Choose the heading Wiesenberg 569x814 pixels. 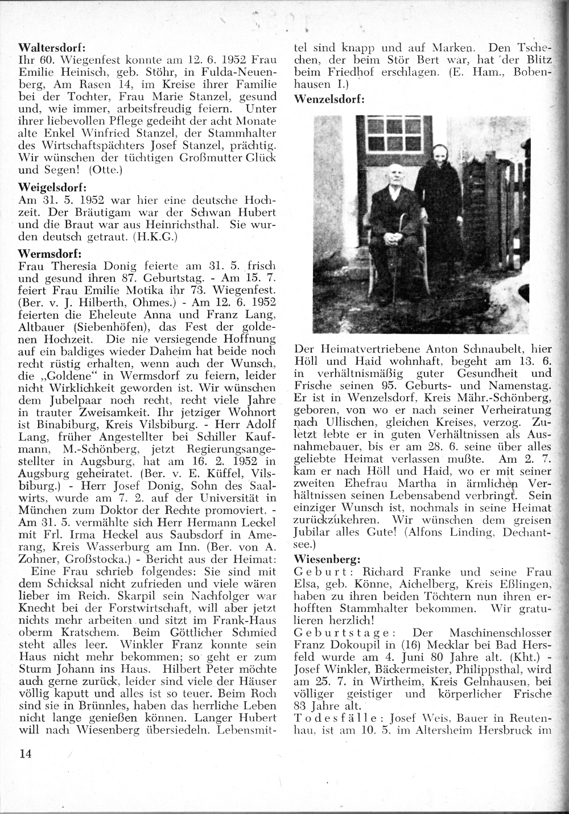327,559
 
